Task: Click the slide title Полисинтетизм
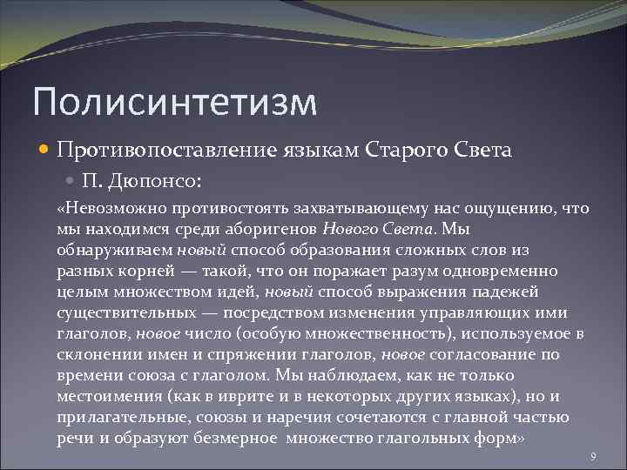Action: (174, 101)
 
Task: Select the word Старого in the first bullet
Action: (415, 150)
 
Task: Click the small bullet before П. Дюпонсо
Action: (72, 181)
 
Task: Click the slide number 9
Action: (592, 456)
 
